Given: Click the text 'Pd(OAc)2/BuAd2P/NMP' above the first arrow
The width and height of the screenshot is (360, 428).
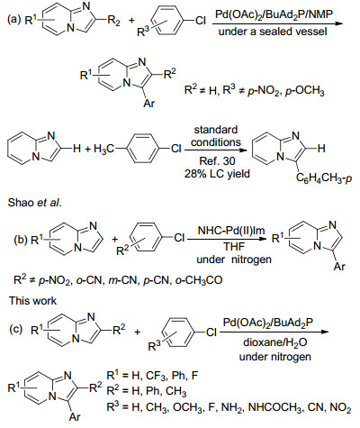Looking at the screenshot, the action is tap(274, 14).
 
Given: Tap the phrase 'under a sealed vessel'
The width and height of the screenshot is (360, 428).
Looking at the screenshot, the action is tap(273, 31).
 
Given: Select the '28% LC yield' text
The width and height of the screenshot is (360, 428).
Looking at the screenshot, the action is tap(217, 174).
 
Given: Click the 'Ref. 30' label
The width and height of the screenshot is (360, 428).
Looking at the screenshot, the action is tap(217, 161).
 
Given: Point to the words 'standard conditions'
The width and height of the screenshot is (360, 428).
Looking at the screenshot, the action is tap(216, 136).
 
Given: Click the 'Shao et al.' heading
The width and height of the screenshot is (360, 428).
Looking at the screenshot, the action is tap(35, 203).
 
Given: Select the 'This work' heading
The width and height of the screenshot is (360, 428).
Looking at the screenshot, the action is tap(32, 301).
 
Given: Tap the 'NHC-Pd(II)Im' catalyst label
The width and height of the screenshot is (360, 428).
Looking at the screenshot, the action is tap(231, 231).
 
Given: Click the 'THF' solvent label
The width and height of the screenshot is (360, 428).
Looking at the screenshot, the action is tap(234, 247).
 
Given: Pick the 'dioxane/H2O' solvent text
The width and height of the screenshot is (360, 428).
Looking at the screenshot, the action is tap(275, 342).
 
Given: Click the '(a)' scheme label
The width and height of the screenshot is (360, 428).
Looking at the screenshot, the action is tap(14, 20).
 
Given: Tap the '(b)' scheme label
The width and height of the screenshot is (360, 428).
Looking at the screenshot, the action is tap(21, 241).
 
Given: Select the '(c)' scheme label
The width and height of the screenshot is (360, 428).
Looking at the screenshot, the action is tap(16, 330).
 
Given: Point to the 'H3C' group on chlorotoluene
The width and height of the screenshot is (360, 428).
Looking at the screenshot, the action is tap(103, 149).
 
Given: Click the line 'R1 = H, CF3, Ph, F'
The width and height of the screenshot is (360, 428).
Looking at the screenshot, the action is tap(152, 375).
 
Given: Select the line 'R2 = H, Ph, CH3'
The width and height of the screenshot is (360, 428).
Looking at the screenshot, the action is tap(147, 391).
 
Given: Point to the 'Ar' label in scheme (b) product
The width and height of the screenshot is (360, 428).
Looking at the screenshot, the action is tap(339, 267).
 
